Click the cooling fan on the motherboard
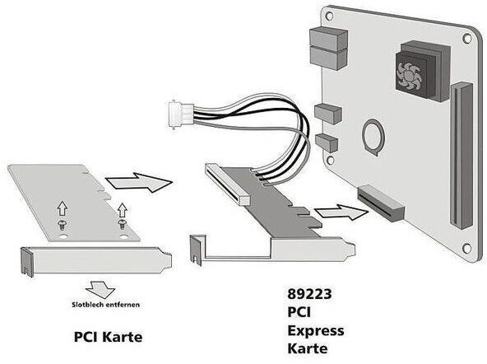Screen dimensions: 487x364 click(409, 76)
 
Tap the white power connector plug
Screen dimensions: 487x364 click(180, 114)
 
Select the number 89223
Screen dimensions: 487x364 click(309, 294)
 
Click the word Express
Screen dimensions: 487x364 click(316, 331)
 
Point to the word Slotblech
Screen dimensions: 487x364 click(88, 305)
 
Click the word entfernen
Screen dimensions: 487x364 click(123, 305)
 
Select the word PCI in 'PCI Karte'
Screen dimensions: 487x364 click(86, 337)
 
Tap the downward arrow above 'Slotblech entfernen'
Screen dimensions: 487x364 click(100, 288)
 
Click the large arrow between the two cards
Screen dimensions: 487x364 click(139, 182)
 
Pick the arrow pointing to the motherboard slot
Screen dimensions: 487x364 click(341, 212)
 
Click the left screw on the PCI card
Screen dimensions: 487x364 click(63, 226)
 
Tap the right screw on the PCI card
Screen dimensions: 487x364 click(123, 225)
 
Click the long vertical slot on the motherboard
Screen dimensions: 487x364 click(461, 156)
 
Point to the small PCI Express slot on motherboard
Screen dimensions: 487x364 click(381, 203)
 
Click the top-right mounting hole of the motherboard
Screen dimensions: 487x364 click(466, 38)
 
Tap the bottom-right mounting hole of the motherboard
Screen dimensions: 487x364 click(466, 249)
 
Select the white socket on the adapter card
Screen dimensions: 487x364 click(227, 185)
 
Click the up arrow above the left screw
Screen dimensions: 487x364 click(63, 208)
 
